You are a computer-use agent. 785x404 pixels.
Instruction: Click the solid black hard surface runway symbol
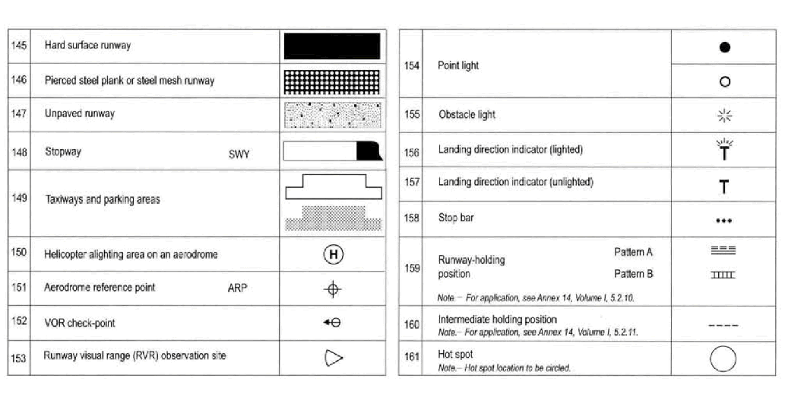point(331,46)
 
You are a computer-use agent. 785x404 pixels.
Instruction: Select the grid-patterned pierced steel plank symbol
point(331,81)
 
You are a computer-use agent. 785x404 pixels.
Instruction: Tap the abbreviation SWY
point(239,154)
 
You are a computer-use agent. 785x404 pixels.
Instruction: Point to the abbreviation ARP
point(237,288)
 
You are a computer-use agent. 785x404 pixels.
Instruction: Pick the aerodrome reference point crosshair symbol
point(333,289)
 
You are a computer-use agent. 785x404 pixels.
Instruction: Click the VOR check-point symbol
point(332,323)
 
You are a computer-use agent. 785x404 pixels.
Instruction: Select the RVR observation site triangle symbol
point(333,357)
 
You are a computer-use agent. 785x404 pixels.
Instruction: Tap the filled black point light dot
point(724,47)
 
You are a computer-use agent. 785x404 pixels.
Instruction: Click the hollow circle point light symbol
point(724,82)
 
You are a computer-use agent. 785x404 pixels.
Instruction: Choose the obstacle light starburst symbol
point(724,116)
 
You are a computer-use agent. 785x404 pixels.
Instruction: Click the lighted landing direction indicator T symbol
point(723,150)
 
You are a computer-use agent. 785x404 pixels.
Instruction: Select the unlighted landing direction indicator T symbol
point(723,186)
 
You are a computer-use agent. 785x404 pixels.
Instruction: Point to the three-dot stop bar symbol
point(723,221)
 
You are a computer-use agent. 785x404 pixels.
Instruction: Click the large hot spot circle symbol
point(723,358)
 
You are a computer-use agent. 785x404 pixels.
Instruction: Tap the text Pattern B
point(633,274)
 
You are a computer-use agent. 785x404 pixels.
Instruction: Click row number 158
point(411,219)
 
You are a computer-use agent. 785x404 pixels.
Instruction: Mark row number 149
point(19,198)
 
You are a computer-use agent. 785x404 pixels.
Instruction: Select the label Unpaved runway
point(80,114)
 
